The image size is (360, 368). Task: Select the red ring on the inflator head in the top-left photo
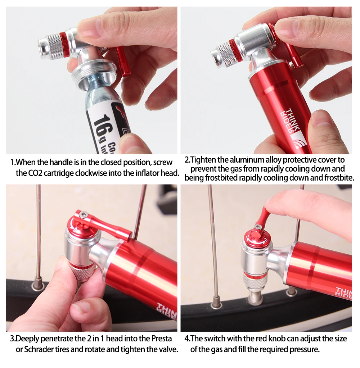pos(63,45)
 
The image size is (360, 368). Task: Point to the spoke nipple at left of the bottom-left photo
pos(38,282)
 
